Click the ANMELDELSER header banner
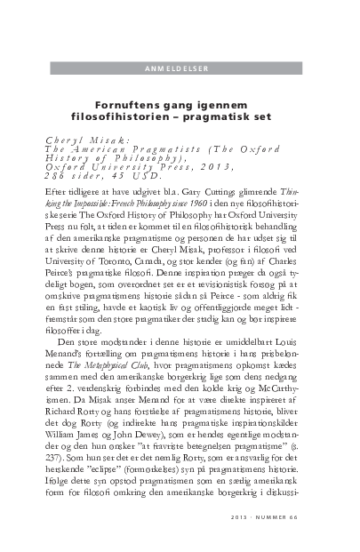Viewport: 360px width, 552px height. [x=180, y=68]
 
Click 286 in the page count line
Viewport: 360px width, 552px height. [x=56, y=175]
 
